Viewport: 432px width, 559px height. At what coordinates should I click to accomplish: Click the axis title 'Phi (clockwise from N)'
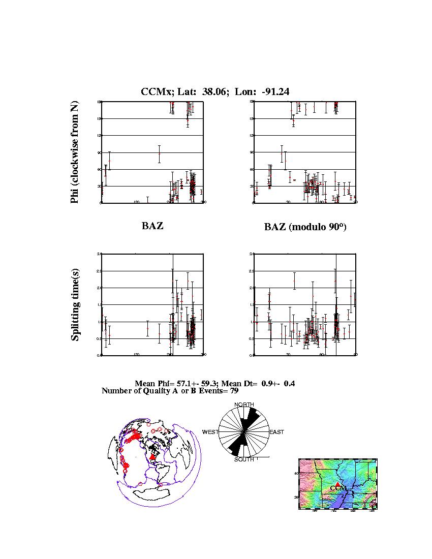[75, 152]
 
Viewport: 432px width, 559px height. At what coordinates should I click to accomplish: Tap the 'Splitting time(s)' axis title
[75, 304]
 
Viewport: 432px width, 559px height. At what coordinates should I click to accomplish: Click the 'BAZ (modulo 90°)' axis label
[305, 227]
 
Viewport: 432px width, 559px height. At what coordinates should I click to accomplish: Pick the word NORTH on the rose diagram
[244, 405]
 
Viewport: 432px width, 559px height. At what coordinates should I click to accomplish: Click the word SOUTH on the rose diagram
[244, 460]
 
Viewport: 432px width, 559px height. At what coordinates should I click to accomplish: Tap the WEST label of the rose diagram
[210, 432]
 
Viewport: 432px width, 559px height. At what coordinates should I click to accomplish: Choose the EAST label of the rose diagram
[277, 432]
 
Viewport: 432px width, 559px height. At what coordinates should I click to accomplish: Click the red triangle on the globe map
[152, 457]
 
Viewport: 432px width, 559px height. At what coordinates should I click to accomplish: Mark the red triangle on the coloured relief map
[337, 484]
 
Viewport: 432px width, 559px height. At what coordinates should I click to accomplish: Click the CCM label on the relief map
[338, 489]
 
